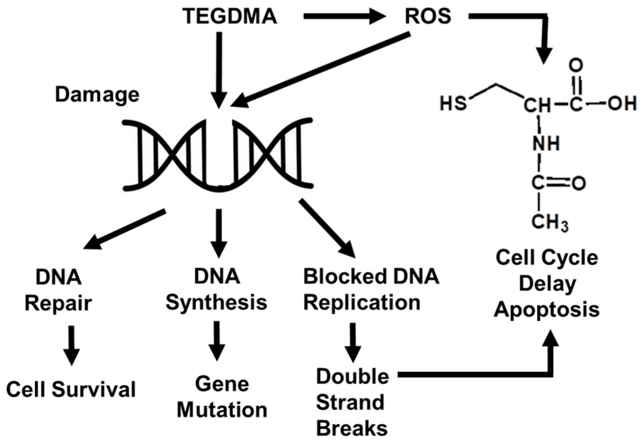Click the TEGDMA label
(x=230, y=16)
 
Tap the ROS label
(x=428, y=16)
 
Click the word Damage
(x=97, y=95)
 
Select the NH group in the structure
(x=546, y=144)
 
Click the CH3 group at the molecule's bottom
(x=549, y=222)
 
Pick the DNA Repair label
(x=58, y=290)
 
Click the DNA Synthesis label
(x=217, y=290)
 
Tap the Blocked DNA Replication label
(x=371, y=290)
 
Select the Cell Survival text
(x=71, y=390)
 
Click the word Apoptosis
(x=546, y=309)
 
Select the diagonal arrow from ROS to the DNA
(x=322, y=68)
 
